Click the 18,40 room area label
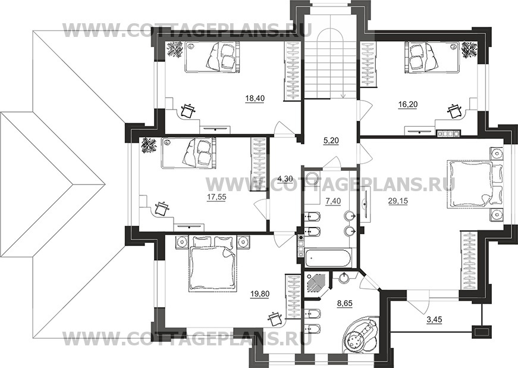pos(255,98)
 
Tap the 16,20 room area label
pos(408,105)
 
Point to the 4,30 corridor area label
pos(285,179)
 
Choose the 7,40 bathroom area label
pos(332,201)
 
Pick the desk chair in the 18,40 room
pos(189,110)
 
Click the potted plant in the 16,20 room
pos(469,49)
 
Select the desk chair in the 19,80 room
pos(275,319)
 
